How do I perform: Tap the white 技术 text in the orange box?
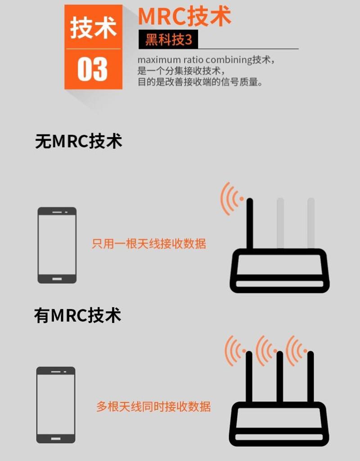(x=93, y=27)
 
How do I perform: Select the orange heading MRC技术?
(x=184, y=16)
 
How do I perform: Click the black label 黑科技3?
(x=168, y=40)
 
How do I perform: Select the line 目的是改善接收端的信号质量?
(x=200, y=82)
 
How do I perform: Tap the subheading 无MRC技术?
(x=78, y=141)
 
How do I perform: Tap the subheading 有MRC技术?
(x=78, y=315)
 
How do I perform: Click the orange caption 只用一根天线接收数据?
(x=148, y=244)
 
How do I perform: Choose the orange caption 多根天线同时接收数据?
(x=153, y=407)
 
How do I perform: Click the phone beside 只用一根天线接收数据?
(x=57, y=245)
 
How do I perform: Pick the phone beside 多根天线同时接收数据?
(x=56, y=405)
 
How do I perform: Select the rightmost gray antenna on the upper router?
(x=310, y=223)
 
